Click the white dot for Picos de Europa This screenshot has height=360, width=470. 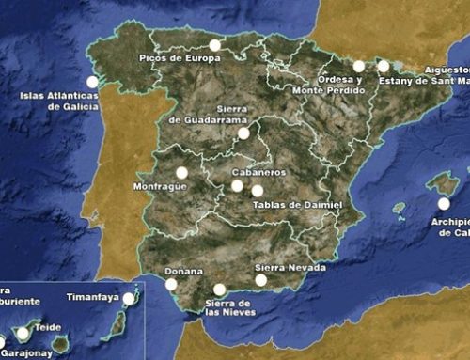215,44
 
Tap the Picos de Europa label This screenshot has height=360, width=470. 180,58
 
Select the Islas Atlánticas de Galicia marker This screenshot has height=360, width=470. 92,82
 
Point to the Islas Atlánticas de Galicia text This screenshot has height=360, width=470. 58,101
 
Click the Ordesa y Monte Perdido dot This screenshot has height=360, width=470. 359,66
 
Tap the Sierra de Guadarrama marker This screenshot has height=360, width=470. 243,133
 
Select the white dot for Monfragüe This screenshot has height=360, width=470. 181,172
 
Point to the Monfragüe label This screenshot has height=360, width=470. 162,187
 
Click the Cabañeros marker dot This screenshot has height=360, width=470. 238,185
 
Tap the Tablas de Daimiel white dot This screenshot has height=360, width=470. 257,191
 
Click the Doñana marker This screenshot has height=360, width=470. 171,284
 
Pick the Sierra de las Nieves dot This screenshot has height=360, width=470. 220,290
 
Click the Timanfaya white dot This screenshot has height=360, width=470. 129,299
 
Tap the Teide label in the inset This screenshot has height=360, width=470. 48,328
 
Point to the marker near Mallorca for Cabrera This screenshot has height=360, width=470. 444,203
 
